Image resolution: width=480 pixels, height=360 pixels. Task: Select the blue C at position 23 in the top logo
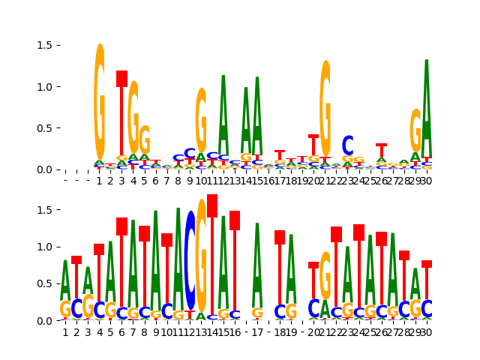pyautogui.click(x=347, y=145)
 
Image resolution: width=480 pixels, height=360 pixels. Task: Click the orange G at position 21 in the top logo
pyautogui.click(x=325, y=109)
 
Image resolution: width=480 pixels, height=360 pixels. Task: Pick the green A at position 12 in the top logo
pyautogui.click(x=223, y=112)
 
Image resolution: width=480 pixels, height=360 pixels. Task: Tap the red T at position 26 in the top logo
pyautogui.click(x=382, y=150)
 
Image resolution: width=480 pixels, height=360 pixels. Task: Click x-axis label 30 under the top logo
pyautogui.click(x=427, y=181)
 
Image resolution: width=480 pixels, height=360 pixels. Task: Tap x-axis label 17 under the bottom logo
pyautogui.click(x=257, y=332)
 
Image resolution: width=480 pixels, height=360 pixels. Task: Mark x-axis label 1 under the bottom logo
pyautogui.click(x=65, y=332)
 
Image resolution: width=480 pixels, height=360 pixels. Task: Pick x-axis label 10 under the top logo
pyautogui.click(x=201, y=181)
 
